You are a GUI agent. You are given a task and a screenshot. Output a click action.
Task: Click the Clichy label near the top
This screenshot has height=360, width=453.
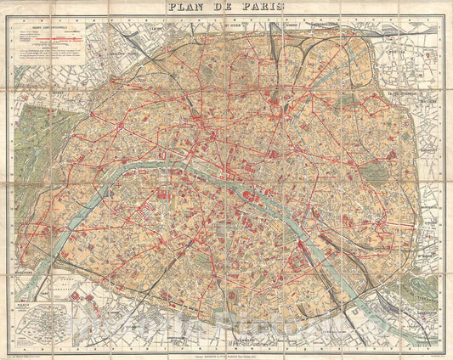(154, 29)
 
